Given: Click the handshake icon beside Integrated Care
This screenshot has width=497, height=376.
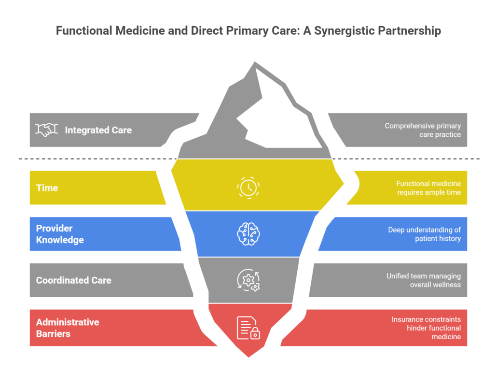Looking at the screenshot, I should click(x=46, y=130).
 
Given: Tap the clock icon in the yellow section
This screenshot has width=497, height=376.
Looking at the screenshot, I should click(x=248, y=188).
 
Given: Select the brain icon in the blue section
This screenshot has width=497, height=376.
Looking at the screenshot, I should click(x=248, y=234).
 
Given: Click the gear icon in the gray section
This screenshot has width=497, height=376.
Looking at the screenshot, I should click(x=248, y=280).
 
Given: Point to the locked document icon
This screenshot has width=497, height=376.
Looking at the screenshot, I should click(x=248, y=327).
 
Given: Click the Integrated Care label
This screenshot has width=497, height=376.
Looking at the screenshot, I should click(x=98, y=130).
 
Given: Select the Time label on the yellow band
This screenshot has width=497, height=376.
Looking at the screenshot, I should click(x=47, y=188).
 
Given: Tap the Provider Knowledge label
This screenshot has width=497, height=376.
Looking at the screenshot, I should click(x=60, y=234).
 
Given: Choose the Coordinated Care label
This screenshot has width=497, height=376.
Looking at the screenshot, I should click(x=73, y=280).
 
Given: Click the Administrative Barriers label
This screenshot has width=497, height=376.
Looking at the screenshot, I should click(x=68, y=328).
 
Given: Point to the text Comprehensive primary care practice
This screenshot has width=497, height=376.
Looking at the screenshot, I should click(x=422, y=130).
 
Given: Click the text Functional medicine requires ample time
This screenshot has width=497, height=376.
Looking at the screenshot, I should click(x=428, y=188).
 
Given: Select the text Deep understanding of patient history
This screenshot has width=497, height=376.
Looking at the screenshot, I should click(x=424, y=234).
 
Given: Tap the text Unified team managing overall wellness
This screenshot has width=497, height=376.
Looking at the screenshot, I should click(x=423, y=280).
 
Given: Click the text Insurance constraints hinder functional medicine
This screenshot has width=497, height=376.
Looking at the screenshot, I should click(x=426, y=328).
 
